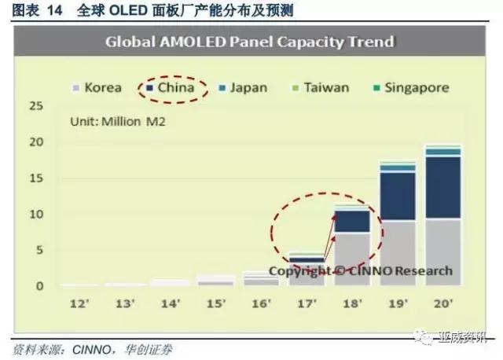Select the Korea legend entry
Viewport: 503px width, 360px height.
[x=98, y=87]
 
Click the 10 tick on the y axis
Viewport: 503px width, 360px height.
[x=36, y=215]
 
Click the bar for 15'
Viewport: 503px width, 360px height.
[x=213, y=281]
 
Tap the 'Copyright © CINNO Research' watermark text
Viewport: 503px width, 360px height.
[x=361, y=271]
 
